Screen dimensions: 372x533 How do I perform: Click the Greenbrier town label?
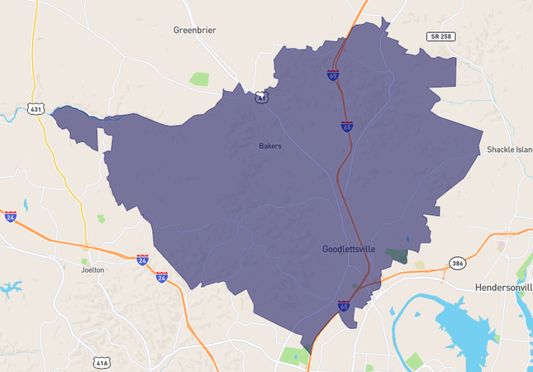(194, 30)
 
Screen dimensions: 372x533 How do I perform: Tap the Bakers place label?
(270, 146)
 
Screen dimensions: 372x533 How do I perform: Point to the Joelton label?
(93, 269)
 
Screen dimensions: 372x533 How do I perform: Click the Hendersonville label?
(503, 287)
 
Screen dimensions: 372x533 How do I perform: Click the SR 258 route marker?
(441, 36)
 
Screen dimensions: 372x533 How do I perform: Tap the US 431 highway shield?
(36, 108)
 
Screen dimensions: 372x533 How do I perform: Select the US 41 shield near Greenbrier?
(261, 97)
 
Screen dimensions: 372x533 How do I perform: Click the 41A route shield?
(101, 362)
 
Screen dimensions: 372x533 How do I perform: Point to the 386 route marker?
(457, 263)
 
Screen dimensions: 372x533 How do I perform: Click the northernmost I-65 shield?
(332, 75)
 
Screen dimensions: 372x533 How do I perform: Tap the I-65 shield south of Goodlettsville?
(344, 306)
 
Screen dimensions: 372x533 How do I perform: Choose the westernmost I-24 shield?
(10, 216)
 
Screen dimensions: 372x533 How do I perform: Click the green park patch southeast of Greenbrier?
(199, 79)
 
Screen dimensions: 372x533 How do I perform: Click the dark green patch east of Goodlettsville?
(397, 255)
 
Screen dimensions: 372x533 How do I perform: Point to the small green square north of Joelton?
(102, 218)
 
